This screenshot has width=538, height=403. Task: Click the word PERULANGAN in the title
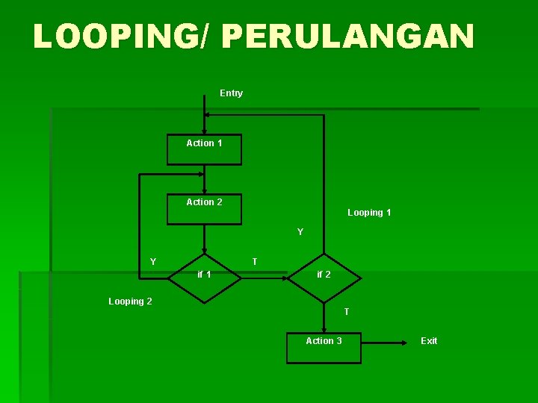347,37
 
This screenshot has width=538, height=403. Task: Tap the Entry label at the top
231,93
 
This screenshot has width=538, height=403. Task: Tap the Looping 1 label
369,213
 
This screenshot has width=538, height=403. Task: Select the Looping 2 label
130,302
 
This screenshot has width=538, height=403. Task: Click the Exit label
429,341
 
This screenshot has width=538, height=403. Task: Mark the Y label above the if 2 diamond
300,232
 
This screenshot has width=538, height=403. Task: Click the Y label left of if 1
153,262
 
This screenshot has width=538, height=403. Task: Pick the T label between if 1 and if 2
255,262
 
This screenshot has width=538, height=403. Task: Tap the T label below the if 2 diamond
346,311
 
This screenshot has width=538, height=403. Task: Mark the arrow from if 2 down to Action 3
324,317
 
